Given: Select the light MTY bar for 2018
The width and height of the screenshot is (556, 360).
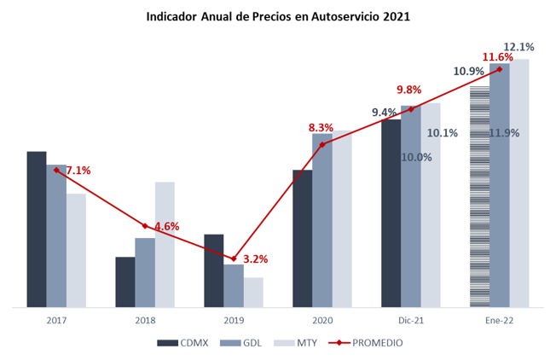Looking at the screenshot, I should click(x=165, y=244).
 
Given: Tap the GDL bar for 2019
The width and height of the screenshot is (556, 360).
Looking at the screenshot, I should click(x=234, y=285).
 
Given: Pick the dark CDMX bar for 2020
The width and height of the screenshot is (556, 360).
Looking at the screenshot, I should click(x=302, y=238).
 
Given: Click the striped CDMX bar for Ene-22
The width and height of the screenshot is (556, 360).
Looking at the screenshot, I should click(x=479, y=195).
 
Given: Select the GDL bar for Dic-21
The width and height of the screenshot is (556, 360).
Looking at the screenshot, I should click(x=411, y=206).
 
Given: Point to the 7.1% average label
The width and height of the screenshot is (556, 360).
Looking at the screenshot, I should click(x=78, y=171).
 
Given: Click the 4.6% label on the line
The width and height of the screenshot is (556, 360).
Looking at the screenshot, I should click(x=166, y=227).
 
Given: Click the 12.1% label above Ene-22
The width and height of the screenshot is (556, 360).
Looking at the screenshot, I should click(x=518, y=47).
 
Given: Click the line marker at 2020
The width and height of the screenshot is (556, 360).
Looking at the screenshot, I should click(x=322, y=144).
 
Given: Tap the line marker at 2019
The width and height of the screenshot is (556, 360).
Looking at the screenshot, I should click(x=234, y=258).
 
